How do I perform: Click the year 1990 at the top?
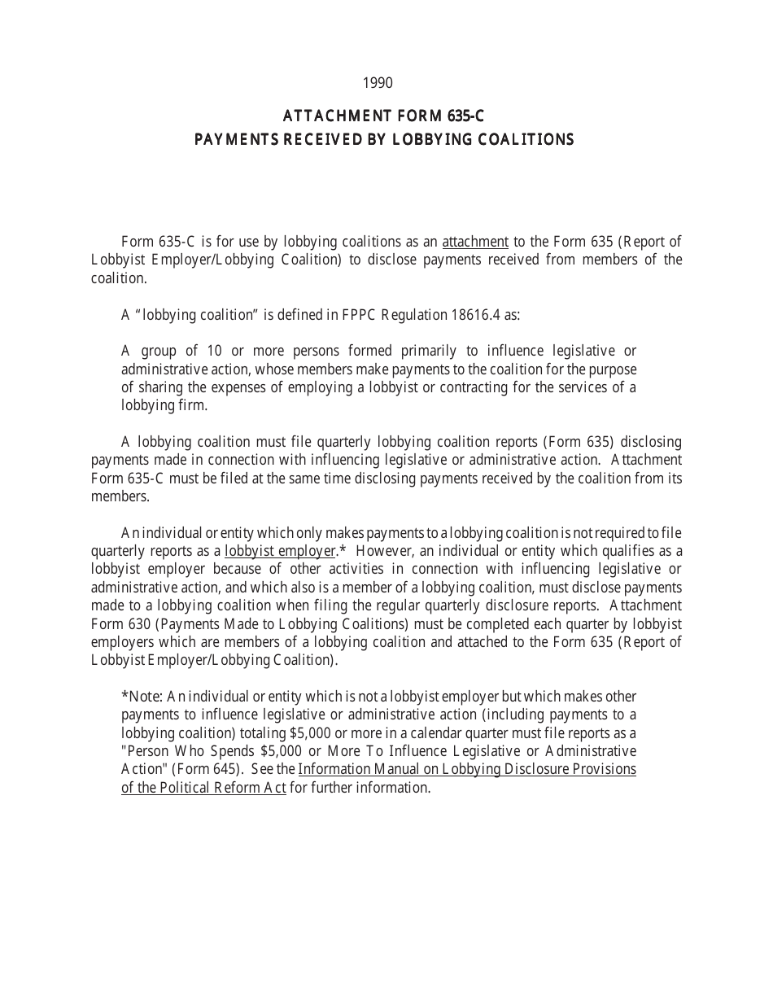(x=378, y=83)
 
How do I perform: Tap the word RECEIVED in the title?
(x=317, y=139)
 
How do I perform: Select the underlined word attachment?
(x=475, y=242)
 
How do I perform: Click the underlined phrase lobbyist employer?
(x=280, y=552)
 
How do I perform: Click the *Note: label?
(x=142, y=697)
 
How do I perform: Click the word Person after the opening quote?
(x=148, y=750)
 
